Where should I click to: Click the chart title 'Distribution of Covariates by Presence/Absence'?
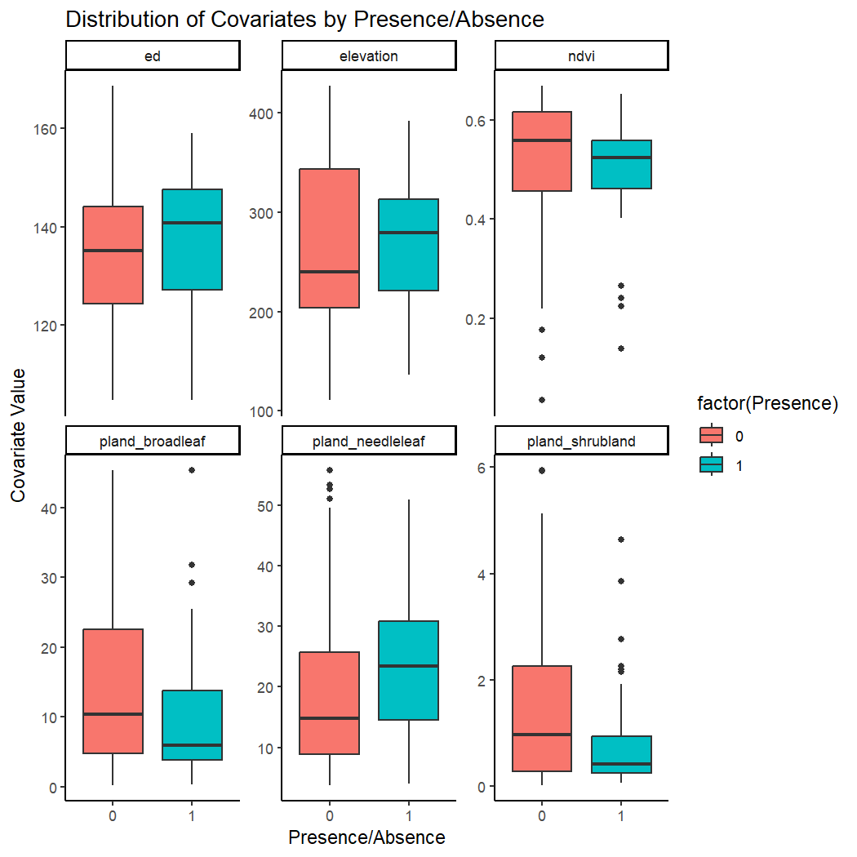304,20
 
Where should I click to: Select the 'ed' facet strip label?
152,56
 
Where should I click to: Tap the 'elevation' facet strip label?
368,56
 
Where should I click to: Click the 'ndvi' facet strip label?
582,56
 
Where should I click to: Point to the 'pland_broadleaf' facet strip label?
152,442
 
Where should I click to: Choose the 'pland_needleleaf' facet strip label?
368,442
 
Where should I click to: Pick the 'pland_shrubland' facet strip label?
582,442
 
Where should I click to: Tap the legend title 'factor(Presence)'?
767,403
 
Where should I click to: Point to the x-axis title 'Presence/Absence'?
366,837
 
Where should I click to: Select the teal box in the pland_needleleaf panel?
408,669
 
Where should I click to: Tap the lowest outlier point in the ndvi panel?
542,400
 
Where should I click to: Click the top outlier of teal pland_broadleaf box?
192,470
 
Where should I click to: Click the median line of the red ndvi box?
542,140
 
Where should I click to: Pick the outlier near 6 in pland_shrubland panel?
542,470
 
